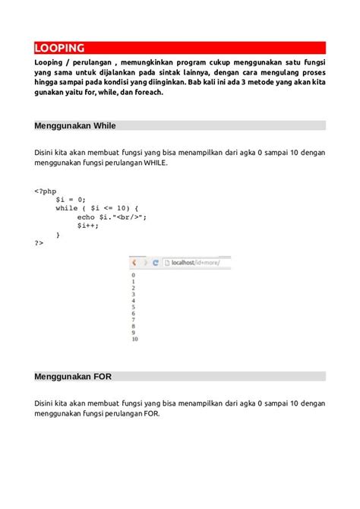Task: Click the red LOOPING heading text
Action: point(59,47)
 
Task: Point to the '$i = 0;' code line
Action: point(71,198)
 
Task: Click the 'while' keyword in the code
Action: point(68,207)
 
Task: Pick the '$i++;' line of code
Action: point(88,226)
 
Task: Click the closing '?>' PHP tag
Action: point(39,244)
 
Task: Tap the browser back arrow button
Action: point(135,262)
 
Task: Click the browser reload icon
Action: point(156,262)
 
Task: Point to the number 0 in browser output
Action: point(133,275)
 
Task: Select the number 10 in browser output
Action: point(134,339)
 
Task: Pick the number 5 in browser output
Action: point(133,307)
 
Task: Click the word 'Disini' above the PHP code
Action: point(46,152)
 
